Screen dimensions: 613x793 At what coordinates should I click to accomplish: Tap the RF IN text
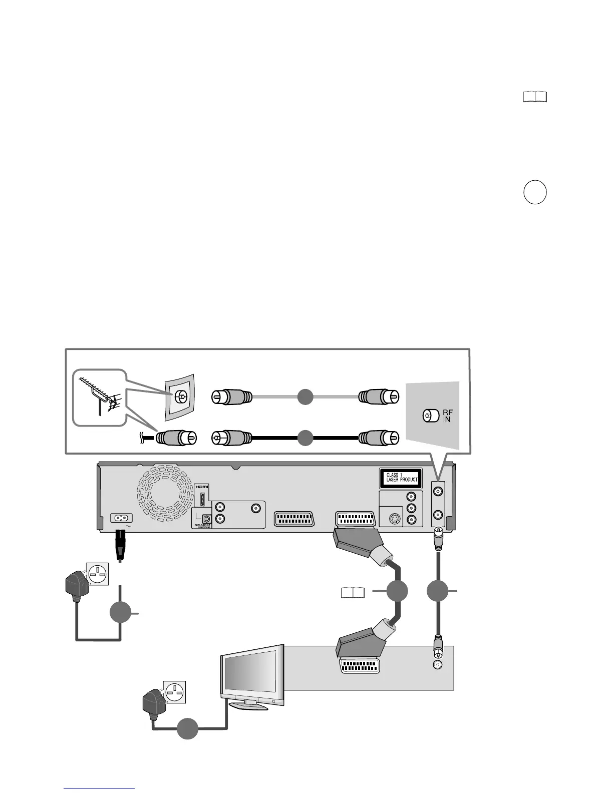click(446, 416)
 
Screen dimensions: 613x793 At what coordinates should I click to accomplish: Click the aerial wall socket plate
click(180, 398)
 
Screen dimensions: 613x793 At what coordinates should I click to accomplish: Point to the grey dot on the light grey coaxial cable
click(305, 397)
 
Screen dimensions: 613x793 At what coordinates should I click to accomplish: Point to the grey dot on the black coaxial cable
click(305, 438)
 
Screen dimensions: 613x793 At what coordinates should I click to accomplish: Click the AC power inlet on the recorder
click(121, 519)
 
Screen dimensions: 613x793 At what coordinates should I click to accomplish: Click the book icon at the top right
click(535, 97)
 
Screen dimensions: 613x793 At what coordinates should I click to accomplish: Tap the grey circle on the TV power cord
click(187, 728)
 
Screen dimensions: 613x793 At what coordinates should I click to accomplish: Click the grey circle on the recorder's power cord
click(120, 613)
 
